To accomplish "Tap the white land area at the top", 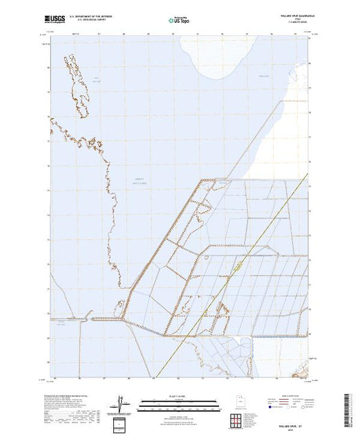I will coord(228,55).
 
